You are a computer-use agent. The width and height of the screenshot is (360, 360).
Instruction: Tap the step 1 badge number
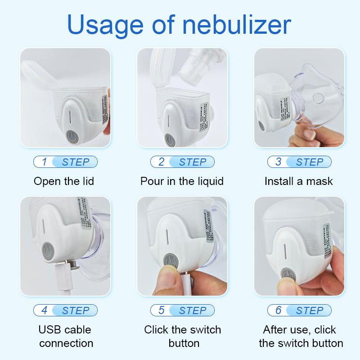point(44,162)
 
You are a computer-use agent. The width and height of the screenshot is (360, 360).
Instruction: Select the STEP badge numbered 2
point(182,162)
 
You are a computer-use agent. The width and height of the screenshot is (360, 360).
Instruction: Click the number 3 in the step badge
point(278,162)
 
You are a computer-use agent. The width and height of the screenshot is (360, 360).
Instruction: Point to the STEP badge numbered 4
point(65,310)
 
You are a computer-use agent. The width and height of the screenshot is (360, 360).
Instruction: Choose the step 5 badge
point(182,310)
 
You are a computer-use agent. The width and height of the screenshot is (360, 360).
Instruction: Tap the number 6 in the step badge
point(278,310)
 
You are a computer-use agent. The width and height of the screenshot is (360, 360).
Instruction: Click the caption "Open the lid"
point(64,181)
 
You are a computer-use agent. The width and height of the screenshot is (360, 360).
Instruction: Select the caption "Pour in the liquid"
point(182,181)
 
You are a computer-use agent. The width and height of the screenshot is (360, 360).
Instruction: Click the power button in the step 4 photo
point(48,250)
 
